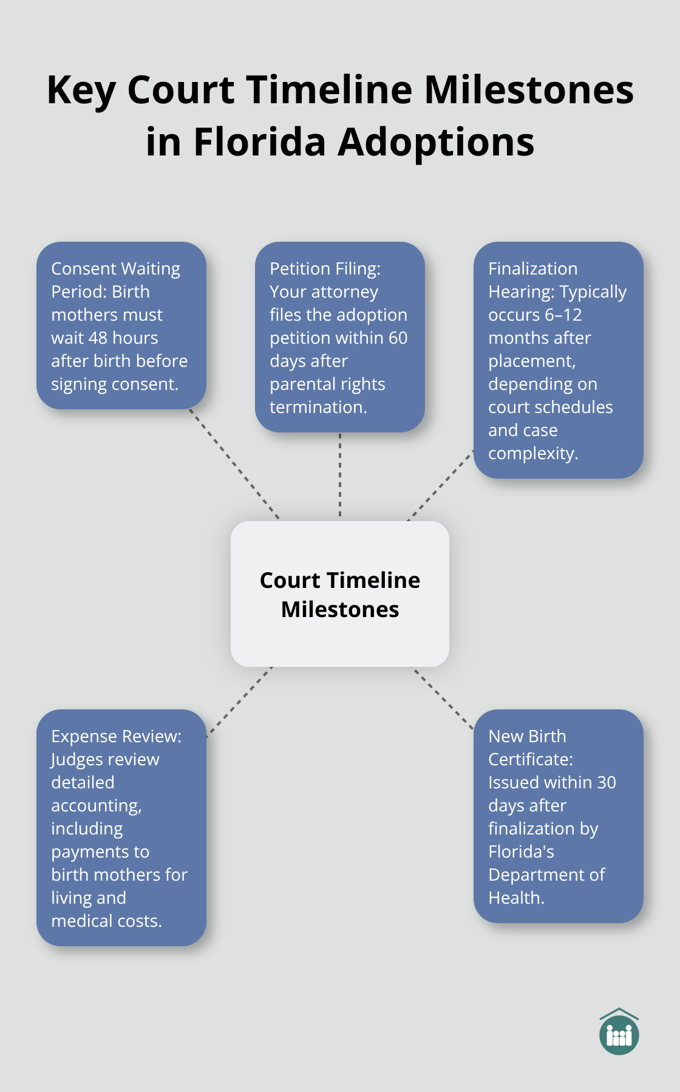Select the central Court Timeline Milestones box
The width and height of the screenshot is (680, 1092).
click(x=340, y=594)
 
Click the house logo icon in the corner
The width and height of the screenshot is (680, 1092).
click(x=619, y=1032)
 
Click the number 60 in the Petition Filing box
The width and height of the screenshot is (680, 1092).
click(x=398, y=338)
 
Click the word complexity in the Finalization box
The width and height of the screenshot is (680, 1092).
click(x=532, y=453)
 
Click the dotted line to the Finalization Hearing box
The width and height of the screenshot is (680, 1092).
click(x=440, y=485)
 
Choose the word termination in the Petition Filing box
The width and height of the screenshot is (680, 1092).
click(x=317, y=407)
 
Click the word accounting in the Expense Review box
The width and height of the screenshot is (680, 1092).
click(x=95, y=805)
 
